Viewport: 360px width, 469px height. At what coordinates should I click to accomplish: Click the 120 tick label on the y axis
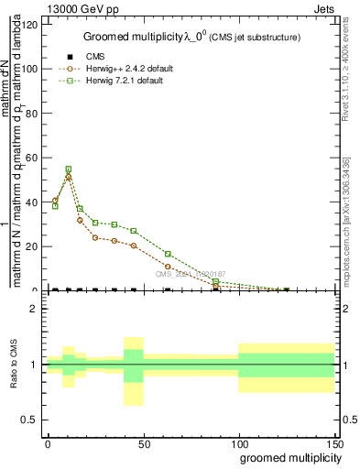click(30, 25)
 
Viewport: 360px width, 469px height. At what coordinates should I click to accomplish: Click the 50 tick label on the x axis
click(143, 443)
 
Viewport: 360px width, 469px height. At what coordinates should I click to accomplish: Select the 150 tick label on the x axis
click(334, 443)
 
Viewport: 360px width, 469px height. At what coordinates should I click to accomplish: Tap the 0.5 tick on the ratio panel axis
click(30, 420)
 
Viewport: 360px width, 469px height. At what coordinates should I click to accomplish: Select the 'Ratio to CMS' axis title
click(13, 365)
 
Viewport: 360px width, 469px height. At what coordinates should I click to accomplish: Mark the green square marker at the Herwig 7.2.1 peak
click(69, 169)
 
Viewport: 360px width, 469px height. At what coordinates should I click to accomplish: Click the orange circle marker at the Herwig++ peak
click(69, 177)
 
